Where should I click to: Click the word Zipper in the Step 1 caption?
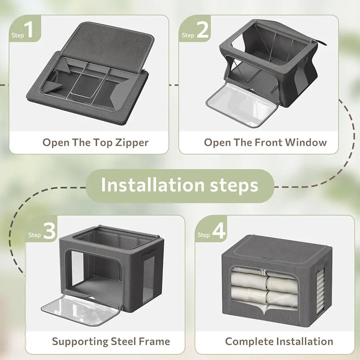click(132, 143)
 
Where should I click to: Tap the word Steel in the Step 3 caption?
click(124, 342)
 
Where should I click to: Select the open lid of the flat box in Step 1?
click(108, 45)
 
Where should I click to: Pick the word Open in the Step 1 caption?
click(56, 143)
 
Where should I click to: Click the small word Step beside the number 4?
click(204, 235)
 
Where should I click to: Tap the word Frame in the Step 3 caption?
click(154, 342)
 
